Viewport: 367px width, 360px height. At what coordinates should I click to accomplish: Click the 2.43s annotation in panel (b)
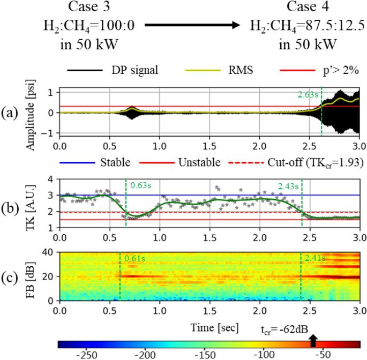point(289,186)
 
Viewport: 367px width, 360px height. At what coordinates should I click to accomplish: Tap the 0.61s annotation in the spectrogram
point(133,259)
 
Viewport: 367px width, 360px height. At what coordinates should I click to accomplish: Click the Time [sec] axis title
point(210,326)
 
